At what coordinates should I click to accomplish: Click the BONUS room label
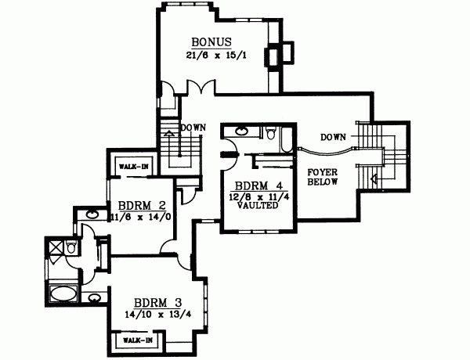[x=210, y=42]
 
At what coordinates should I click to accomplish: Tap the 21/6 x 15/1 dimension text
[x=210, y=56]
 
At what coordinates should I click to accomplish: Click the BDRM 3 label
[x=154, y=303]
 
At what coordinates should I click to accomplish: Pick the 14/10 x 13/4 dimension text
[x=154, y=315]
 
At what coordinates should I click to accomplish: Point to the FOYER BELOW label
[x=322, y=176]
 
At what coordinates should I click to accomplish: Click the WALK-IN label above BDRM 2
[x=131, y=166]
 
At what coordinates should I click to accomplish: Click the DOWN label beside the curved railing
[x=333, y=137]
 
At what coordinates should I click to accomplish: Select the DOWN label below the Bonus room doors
[x=193, y=127]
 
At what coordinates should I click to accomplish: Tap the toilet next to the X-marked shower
[x=71, y=248]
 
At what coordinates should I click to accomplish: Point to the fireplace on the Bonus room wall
[x=277, y=55]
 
